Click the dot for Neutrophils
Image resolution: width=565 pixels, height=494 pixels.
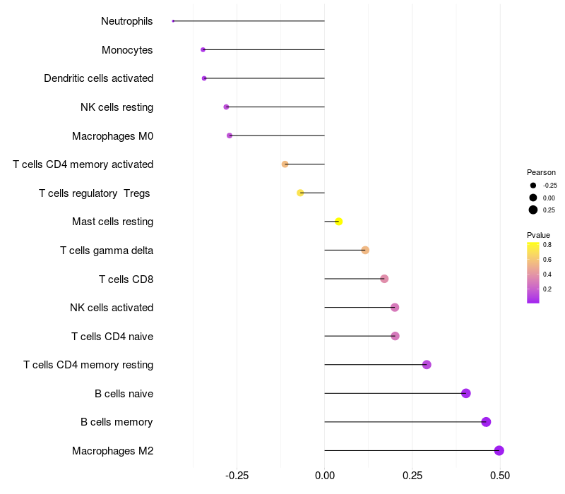point(173,21)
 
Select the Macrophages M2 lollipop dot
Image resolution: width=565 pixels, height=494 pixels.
point(499,450)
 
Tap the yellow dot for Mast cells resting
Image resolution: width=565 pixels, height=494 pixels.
point(339,222)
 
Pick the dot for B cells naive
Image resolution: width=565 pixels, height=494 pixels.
point(466,393)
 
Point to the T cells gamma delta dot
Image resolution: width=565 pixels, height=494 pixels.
point(365,250)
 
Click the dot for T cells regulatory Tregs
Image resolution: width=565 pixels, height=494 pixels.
point(300,193)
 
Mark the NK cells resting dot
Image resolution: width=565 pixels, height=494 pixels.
point(226,107)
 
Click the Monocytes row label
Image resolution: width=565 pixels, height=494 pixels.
point(127,50)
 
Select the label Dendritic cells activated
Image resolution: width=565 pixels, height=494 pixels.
point(98,78)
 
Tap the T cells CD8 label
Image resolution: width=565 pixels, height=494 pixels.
point(126,279)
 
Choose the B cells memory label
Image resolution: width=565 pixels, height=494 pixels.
point(117,422)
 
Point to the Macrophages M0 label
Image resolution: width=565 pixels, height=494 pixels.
point(112,135)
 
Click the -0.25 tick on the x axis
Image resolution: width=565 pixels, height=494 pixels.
point(237,476)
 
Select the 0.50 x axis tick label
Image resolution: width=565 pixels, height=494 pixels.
point(500,476)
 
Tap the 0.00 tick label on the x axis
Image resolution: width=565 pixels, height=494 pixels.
point(324,476)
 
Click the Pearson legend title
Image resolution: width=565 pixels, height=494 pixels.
point(541,172)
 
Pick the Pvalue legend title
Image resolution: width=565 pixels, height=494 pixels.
point(538,235)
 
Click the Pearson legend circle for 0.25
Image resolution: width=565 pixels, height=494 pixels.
point(533,210)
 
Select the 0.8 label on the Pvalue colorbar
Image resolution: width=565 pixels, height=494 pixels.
point(547,245)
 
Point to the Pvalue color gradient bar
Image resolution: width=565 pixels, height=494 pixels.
point(533,272)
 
